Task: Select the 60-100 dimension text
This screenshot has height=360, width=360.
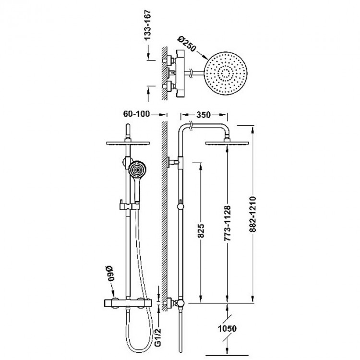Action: coord(136,114)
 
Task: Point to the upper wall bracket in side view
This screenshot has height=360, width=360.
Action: coord(173,162)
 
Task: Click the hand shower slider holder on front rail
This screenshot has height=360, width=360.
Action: coord(129,206)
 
